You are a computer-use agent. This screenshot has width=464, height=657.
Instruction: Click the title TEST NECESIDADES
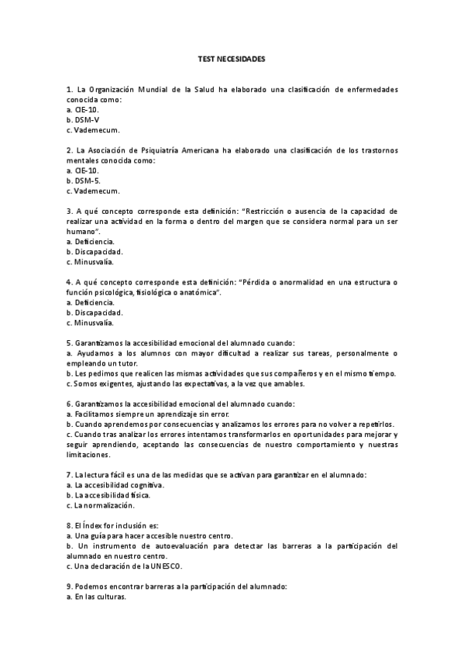[232, 58]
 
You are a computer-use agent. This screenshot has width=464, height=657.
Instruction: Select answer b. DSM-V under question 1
[83, 120]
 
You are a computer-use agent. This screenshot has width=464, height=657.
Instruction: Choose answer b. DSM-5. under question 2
[84, 180]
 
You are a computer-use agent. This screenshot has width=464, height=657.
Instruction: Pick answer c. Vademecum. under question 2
[93, 191]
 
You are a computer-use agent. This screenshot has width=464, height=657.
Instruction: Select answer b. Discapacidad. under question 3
[95, 251]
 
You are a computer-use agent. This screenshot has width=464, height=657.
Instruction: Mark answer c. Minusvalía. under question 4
[91, 322]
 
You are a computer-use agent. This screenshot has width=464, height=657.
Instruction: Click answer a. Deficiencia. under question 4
[91, 301]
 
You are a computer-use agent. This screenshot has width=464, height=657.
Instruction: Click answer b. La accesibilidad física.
[109, 494]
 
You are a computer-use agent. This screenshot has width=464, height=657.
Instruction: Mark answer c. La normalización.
[101, 505]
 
